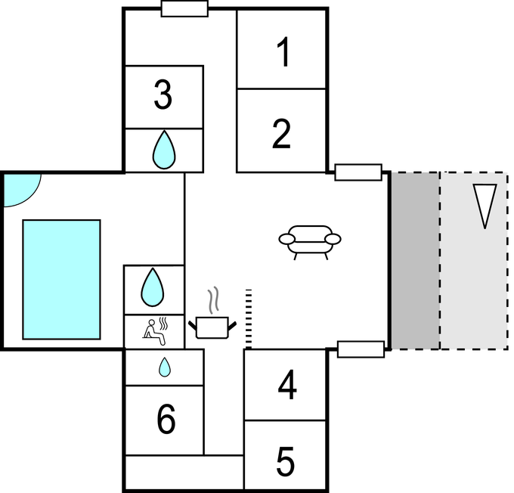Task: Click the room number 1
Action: pos(283,54)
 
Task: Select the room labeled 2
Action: pos(281,133)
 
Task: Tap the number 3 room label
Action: pos(163,96)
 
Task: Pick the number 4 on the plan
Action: pos(286,386)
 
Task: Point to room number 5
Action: pos(285,462)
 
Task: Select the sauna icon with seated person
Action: pos(154,330)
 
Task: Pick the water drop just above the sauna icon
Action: pos(153,287)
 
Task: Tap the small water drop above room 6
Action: pos(164,367)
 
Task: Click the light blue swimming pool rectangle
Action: pos(61,279)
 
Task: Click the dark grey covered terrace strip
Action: pos(415,261)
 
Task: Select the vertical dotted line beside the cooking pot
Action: pos(246,318)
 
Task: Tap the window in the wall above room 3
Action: pos(184,8)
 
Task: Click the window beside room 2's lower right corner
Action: pos(358,172)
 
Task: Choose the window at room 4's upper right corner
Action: pos(361,349)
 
